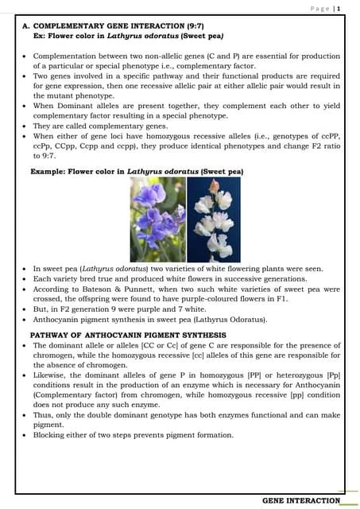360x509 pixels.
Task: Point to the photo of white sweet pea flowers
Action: click(x=214, y=219)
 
